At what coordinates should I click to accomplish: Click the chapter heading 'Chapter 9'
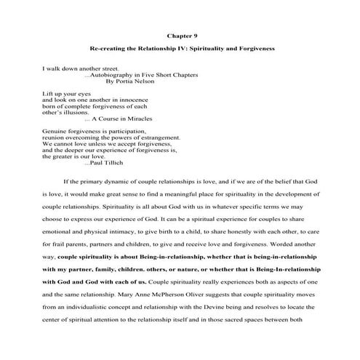tap(180, 34)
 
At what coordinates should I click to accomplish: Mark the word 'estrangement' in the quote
tap(153, 136)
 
